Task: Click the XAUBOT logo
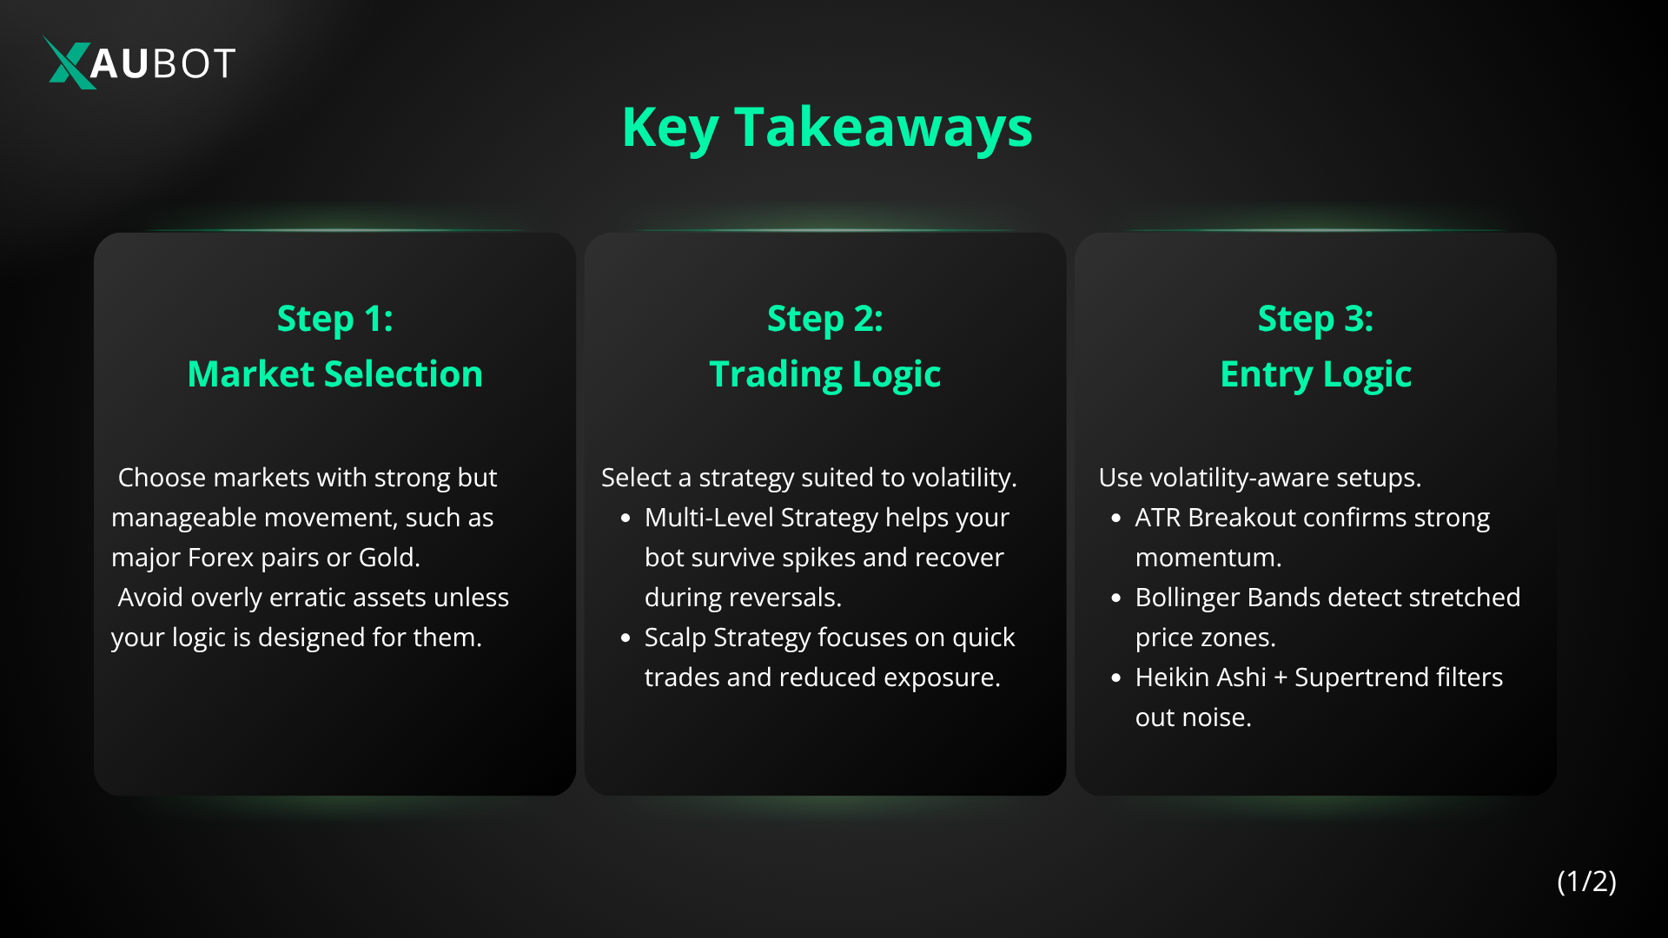140,63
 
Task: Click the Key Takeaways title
827,129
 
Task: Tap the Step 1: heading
334,319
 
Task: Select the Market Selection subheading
334,373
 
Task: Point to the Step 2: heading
825,319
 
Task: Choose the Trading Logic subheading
825,374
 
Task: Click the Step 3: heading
1315,319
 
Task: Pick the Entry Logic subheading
1315,374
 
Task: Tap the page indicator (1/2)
1586,882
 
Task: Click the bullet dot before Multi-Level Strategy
625,519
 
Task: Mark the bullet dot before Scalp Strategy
625,638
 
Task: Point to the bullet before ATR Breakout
1116,519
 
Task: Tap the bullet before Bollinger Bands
1116,598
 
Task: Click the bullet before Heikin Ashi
1116,678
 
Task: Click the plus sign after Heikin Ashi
1281,678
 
